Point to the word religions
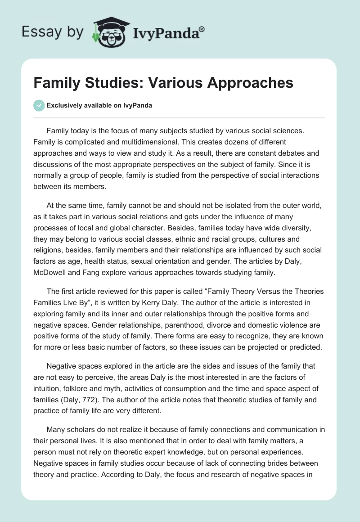50,250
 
